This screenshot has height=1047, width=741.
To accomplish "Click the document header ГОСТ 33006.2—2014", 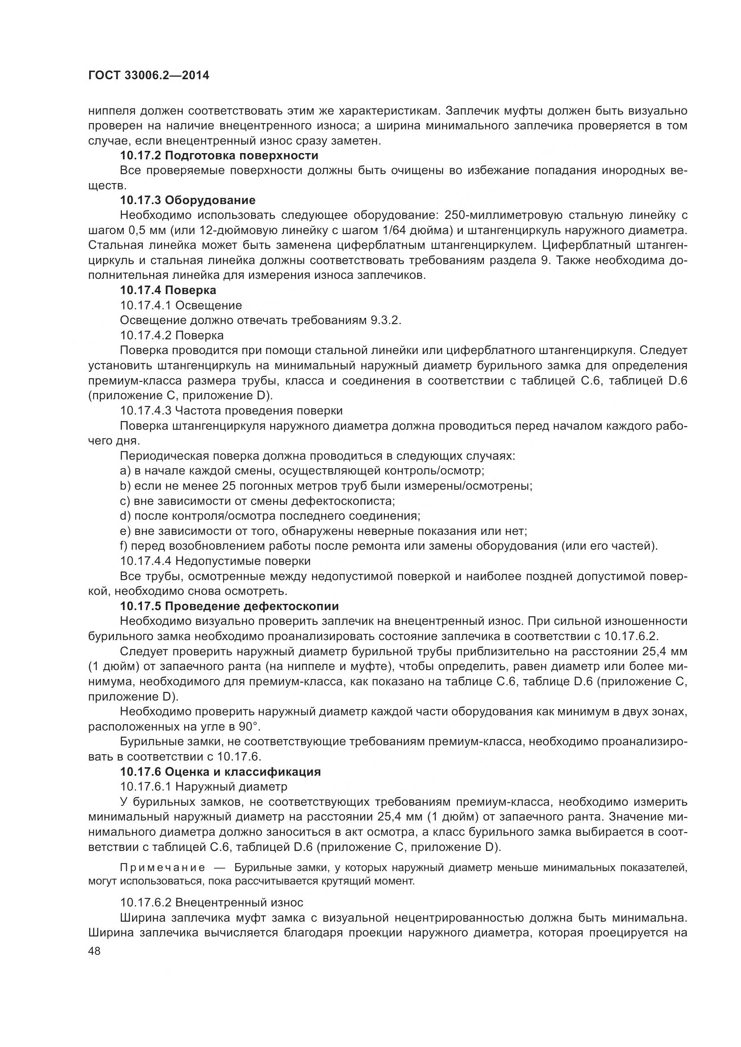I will point(149,76).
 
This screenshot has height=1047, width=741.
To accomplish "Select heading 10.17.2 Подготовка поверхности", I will point(219,155).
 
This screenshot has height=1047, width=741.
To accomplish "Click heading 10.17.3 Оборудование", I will point(188,200).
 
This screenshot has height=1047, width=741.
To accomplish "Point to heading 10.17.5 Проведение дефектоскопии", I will point(229,606).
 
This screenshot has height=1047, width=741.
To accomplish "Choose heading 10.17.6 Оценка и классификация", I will point(220,772).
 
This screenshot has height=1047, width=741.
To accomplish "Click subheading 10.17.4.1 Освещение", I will point(181,305).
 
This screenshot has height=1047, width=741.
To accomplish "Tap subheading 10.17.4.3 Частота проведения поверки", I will point(231,410).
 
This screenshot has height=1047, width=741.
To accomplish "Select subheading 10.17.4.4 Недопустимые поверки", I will point(215,560).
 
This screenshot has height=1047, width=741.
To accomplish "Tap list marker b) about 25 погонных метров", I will point(125,486).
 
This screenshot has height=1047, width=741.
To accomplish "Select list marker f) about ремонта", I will point(124,546).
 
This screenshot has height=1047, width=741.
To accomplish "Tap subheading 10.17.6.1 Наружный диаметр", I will point(203,786).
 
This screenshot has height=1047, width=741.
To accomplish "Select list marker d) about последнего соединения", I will point(125,516).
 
